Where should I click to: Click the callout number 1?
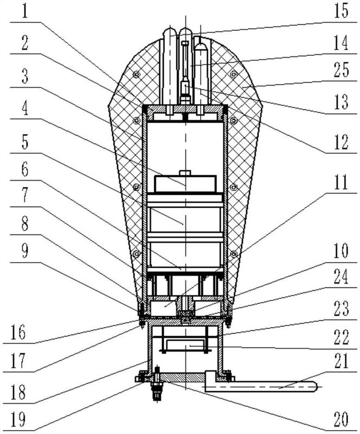pos(25,11)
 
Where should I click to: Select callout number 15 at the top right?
pos(340,11)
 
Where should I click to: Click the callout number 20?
pos(340,419)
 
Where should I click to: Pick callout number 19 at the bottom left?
pos(18,419)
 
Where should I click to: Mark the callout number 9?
pos(25,251)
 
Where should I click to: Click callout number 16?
pos(18,332)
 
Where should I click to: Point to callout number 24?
pos(341,276)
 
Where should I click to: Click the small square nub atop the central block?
pos(185,173)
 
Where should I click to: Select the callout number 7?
pos(25,195)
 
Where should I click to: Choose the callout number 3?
pos(25,76)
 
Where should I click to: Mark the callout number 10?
pos(341,251)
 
